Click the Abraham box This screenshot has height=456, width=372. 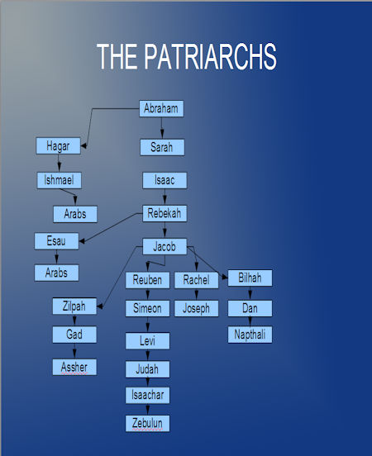(161, 109)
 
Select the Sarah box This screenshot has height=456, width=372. (162, 147)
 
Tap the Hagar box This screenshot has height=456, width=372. (58, 145)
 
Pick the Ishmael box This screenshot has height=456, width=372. (59, 180)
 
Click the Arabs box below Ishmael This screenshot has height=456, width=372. (75, 214)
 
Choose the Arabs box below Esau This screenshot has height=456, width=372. (56, 273)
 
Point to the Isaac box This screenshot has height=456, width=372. (165, 180)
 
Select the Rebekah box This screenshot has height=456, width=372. (165, 213)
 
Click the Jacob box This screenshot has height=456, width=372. (165, 247)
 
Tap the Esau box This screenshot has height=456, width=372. (56, 241)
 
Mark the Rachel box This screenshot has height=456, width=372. (197, 280)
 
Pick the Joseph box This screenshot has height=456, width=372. (197, 308)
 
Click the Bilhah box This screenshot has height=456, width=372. (250, 278)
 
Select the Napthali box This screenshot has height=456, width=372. (250, 335)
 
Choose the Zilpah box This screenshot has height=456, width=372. (74, 306)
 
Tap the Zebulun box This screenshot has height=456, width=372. (148, 424)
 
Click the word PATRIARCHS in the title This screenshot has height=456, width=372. (210, 56)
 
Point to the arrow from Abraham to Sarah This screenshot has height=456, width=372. (162, 128)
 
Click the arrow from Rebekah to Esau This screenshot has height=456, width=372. (111, 227)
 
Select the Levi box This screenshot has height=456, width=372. (148, 341)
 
